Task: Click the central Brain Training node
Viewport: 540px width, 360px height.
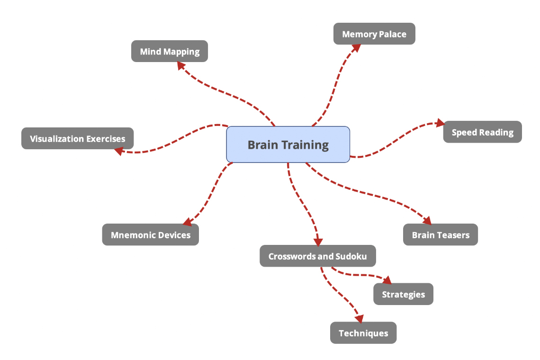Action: [x=288, y=144]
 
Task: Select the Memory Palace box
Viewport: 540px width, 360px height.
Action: [x=374, y=34]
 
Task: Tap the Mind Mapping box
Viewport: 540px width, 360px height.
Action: [x=170, y=51]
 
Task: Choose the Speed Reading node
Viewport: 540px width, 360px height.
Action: [x=482, y=132]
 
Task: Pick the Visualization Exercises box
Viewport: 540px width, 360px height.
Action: [x=78, y=139]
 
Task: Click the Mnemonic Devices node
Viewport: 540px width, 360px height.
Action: [x=151, y=235]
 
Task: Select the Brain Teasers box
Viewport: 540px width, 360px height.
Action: [x=441, y=235]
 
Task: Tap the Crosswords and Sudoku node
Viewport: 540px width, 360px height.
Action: [x=317, y=256]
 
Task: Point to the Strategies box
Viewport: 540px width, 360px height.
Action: [x=403, y=294]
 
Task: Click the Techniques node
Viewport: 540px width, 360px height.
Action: [x=363, y=333]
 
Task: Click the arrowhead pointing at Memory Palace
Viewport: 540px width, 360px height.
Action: [x=356, y=47]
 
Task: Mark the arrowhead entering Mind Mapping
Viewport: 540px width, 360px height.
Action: [x=181, y=66]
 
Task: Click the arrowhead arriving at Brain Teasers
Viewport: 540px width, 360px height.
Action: [x=427, y=220]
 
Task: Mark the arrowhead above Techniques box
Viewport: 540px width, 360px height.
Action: [x=360, y=318]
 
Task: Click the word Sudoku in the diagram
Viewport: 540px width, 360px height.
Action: [x=351, y=256]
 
